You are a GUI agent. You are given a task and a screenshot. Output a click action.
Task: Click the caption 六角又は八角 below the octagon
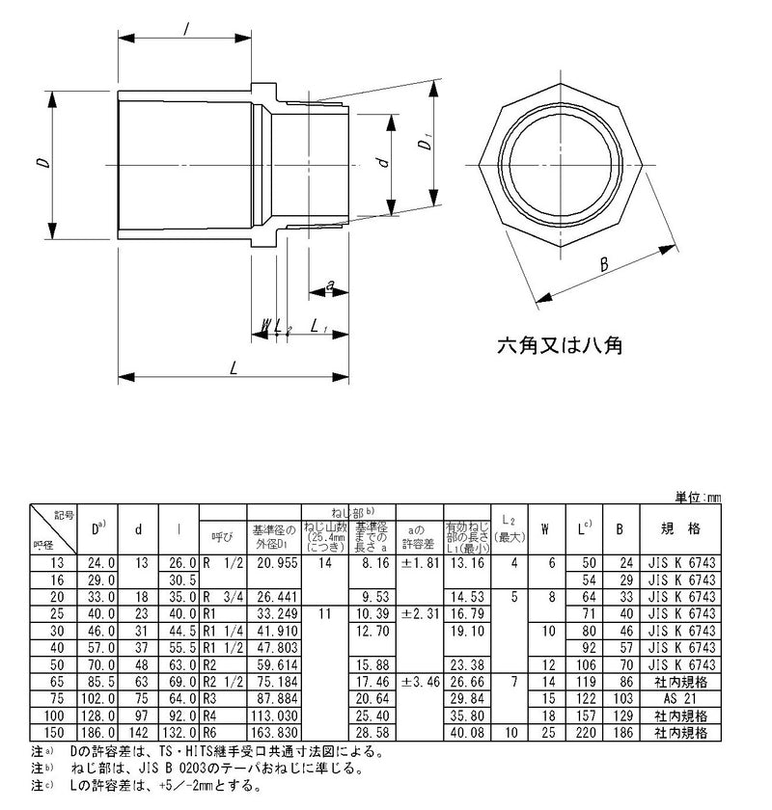[x=559, y=344]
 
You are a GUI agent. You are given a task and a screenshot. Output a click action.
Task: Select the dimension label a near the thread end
[x=330, y=286]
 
